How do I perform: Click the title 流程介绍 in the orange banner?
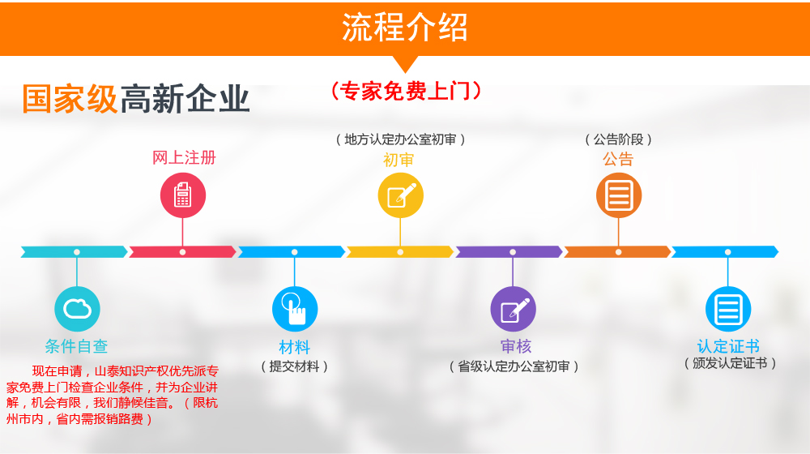(404, 28)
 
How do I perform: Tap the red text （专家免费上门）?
(406, 91)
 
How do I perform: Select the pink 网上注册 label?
(184, 158)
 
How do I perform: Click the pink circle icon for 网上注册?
(183, 195)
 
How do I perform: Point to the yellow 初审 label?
(399, 160)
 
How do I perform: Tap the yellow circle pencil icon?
(401, 195)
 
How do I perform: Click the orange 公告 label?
(618, 159)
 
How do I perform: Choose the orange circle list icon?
(619, 195)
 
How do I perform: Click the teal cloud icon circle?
(77, 309)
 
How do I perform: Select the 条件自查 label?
(76, 346)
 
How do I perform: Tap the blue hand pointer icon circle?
(295, 309)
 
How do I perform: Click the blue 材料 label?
(295, 347)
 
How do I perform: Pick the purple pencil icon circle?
(513, 309)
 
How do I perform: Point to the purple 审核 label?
(515, 346)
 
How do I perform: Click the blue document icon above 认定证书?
(728, 309)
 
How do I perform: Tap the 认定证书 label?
(728, 346)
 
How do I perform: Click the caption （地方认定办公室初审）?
(400, 139)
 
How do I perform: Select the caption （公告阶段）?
(618, 139)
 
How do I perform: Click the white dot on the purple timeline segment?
(513, 252)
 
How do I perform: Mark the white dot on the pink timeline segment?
(182, 252)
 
